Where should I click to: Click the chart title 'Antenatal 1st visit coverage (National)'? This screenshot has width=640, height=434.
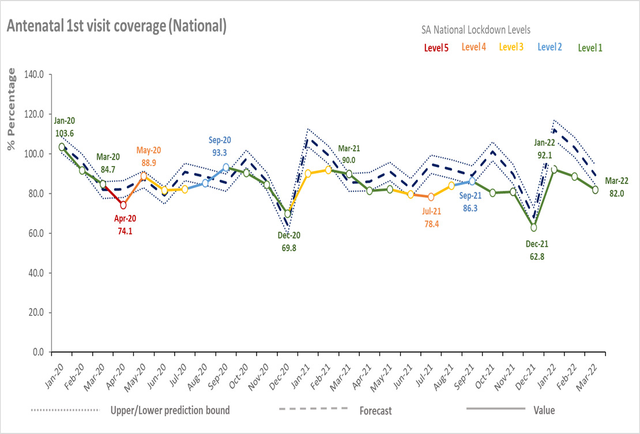[116, 26]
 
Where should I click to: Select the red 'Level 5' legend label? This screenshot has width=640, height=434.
[436, 48]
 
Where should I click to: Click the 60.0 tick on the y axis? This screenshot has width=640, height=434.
[36, 233]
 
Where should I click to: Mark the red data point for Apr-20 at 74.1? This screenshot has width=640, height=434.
[123, 205]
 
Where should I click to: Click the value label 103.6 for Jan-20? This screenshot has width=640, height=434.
[65, 133]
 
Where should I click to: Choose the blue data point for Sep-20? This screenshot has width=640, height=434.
[226, 167]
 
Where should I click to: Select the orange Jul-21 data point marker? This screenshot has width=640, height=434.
[431, 197]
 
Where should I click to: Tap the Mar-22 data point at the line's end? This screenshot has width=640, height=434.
[595, 190]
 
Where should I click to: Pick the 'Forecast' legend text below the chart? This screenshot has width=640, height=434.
[375, 411]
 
